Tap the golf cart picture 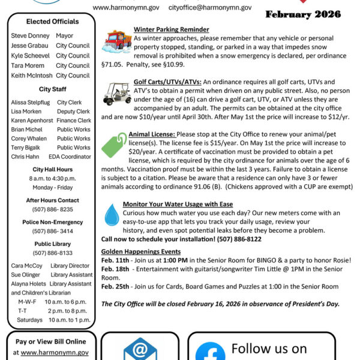pyautogui.click(x=115, y=92)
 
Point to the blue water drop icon pyautogui.click(x=111, y=214)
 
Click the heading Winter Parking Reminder pyautogui.click(x=171, y=29)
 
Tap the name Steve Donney pyautogui.click(x=30, y=35)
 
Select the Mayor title pyautogui.click(x=64, y=35)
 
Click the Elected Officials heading pyautogui.click(x=53, y=22)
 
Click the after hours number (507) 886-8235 pyautogui.click(x=53, y=209)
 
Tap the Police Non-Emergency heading pyautogui.click(x=53, y=222)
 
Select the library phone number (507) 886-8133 pyautogui.click(x=53, y=253)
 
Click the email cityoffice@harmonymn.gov pyautogui.click(x=202, y=7)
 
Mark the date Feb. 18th pyautogui.click(x=115, y=270)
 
